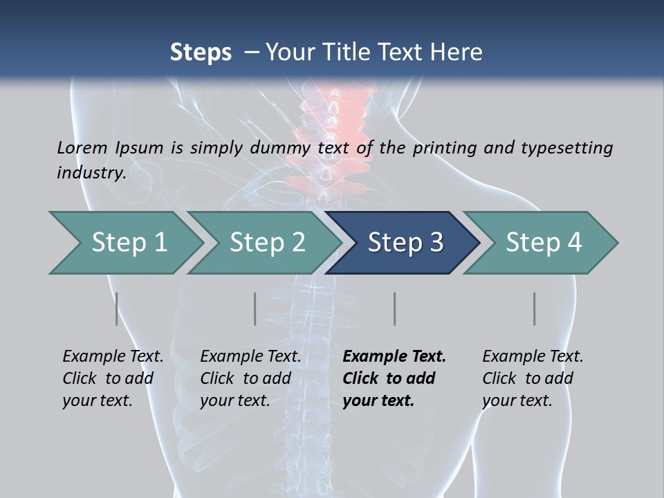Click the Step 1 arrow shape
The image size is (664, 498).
pos(124,243)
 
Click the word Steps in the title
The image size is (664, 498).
pos(201,52)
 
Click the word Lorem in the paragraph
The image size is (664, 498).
pos(82,147)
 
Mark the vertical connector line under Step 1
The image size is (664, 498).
pos(117,308)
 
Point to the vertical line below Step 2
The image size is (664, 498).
pos(255,308)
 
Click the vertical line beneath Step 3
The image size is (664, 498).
pos(394,308)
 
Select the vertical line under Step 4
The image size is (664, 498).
pos(535,308)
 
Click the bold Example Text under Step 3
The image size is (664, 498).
pos(394,357)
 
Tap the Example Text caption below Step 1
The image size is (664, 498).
pos(113,357)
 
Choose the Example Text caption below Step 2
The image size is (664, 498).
pos(250,357)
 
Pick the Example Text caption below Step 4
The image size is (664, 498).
pos(533,357)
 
